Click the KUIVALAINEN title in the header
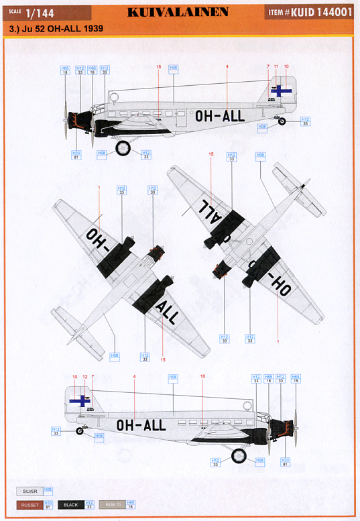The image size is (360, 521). pyautogui.click(x=177, y=11)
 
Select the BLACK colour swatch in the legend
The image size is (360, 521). pyautogui.click(x=71, y=504)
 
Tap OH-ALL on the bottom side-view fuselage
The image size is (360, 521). pyautogui.click(x=141, y=425)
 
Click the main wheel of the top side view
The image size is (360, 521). pyautogui.click(x=123, y=148)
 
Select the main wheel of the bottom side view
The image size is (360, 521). pyautogui.click(x=239, y=456)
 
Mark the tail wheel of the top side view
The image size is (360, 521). pyautogui.click(x=282, y=121)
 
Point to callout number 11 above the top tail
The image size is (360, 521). pyautogui.click(x=276, y=66)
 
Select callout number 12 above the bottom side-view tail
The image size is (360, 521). pyautogui.click(x=84, y=377)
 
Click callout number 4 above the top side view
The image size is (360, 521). pyautogui.click(x=227, y=66)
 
